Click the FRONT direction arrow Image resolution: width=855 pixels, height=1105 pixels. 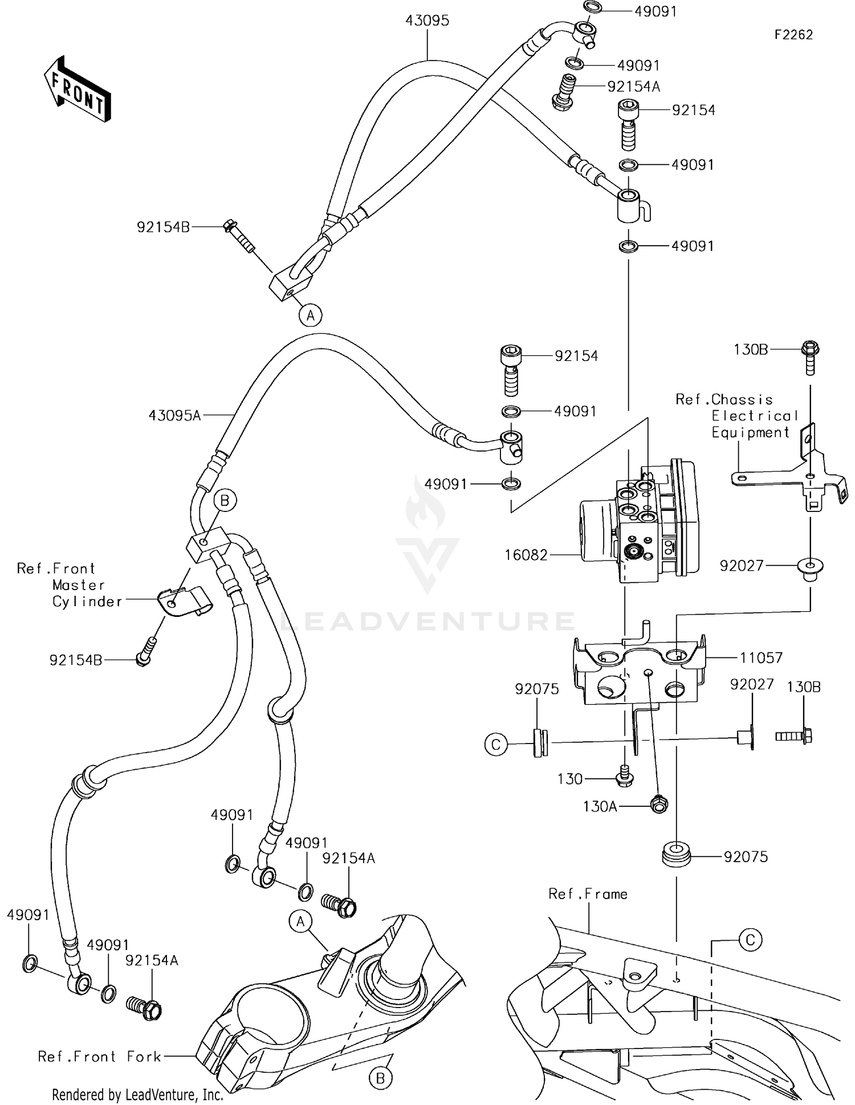tap(78, 90)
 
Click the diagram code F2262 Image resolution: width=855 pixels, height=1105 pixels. tap(793, 35)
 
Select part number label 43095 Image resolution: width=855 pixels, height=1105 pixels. tap(427, 21)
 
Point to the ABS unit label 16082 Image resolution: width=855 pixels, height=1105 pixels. tap(526, 555)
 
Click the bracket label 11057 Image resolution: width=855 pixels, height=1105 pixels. tap(761, 657)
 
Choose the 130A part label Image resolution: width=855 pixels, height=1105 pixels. tap(600, 806)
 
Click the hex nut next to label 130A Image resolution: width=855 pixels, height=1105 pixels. tap(659, 805)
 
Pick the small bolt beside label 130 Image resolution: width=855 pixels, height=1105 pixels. tap(625, 777)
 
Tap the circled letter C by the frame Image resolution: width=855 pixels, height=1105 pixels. tap(750, 940)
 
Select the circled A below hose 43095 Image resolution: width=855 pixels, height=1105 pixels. tap(311, 315)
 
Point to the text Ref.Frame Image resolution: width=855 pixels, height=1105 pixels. tap(588, 894)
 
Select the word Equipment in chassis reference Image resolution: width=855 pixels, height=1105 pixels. tap(750, 433)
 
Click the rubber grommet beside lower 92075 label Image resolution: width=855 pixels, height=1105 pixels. tap(677, 857)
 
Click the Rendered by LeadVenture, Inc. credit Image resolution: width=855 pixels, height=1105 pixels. tap(137, 1095)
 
